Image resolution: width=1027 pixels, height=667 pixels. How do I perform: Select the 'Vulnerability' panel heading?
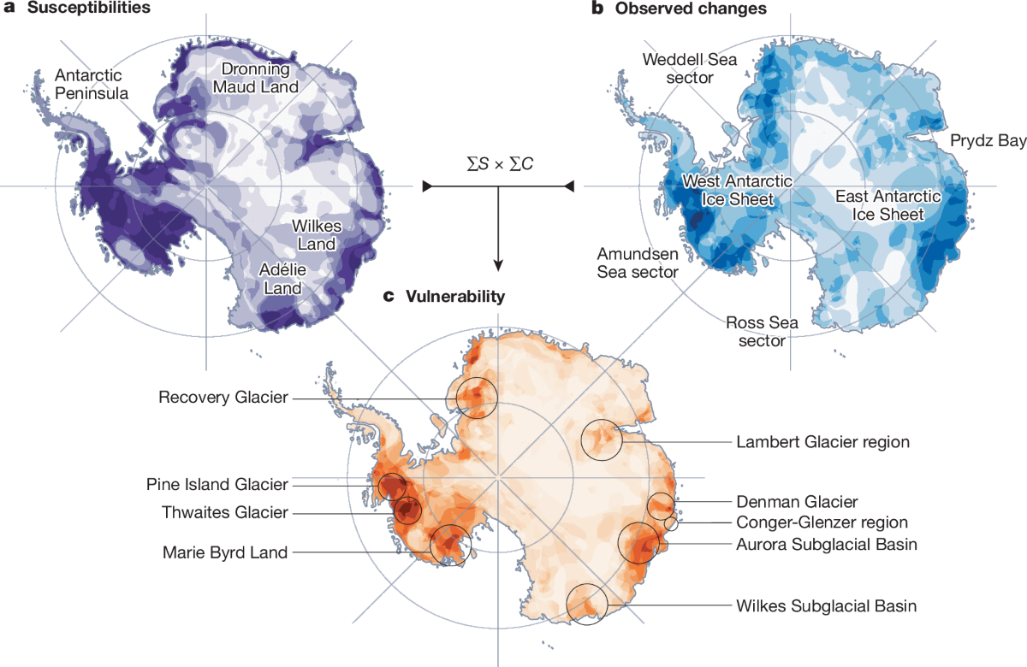pyautogui.click(x=453, y=297)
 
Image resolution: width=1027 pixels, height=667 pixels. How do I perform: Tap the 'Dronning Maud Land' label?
pyautogui.click(x=260, y=78)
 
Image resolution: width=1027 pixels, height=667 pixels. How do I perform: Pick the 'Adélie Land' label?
pyautogui.click(x=284, y=280)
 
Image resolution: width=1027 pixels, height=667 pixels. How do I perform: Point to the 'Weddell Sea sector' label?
pyautogui.click(x=690, y=68)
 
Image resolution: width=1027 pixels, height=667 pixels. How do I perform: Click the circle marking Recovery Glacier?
pyautogui.click(x=476, y=398)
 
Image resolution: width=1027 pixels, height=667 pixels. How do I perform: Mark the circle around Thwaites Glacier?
pyautogui.click(x=407, y=511)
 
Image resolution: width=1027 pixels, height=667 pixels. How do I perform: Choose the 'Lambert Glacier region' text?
pyautogui.click(x=822, y=442)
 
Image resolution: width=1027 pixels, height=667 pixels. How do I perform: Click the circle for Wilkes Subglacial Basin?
pyautogui.click(x=587, y=604)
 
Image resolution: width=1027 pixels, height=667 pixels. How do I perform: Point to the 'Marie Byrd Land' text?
pyautogui.click(x=225, y=552)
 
